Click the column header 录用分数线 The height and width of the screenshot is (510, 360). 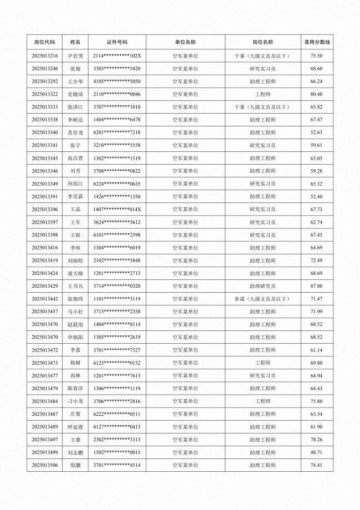317,42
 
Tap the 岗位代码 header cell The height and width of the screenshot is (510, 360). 45,42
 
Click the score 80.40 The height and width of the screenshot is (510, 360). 317,94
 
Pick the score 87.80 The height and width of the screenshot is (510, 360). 317,286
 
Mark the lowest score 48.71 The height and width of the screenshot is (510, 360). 317,452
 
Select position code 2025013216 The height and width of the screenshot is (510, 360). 45,56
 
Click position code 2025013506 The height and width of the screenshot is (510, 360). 45,465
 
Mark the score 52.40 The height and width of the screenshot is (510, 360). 317,197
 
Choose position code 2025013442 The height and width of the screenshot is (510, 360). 45,299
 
